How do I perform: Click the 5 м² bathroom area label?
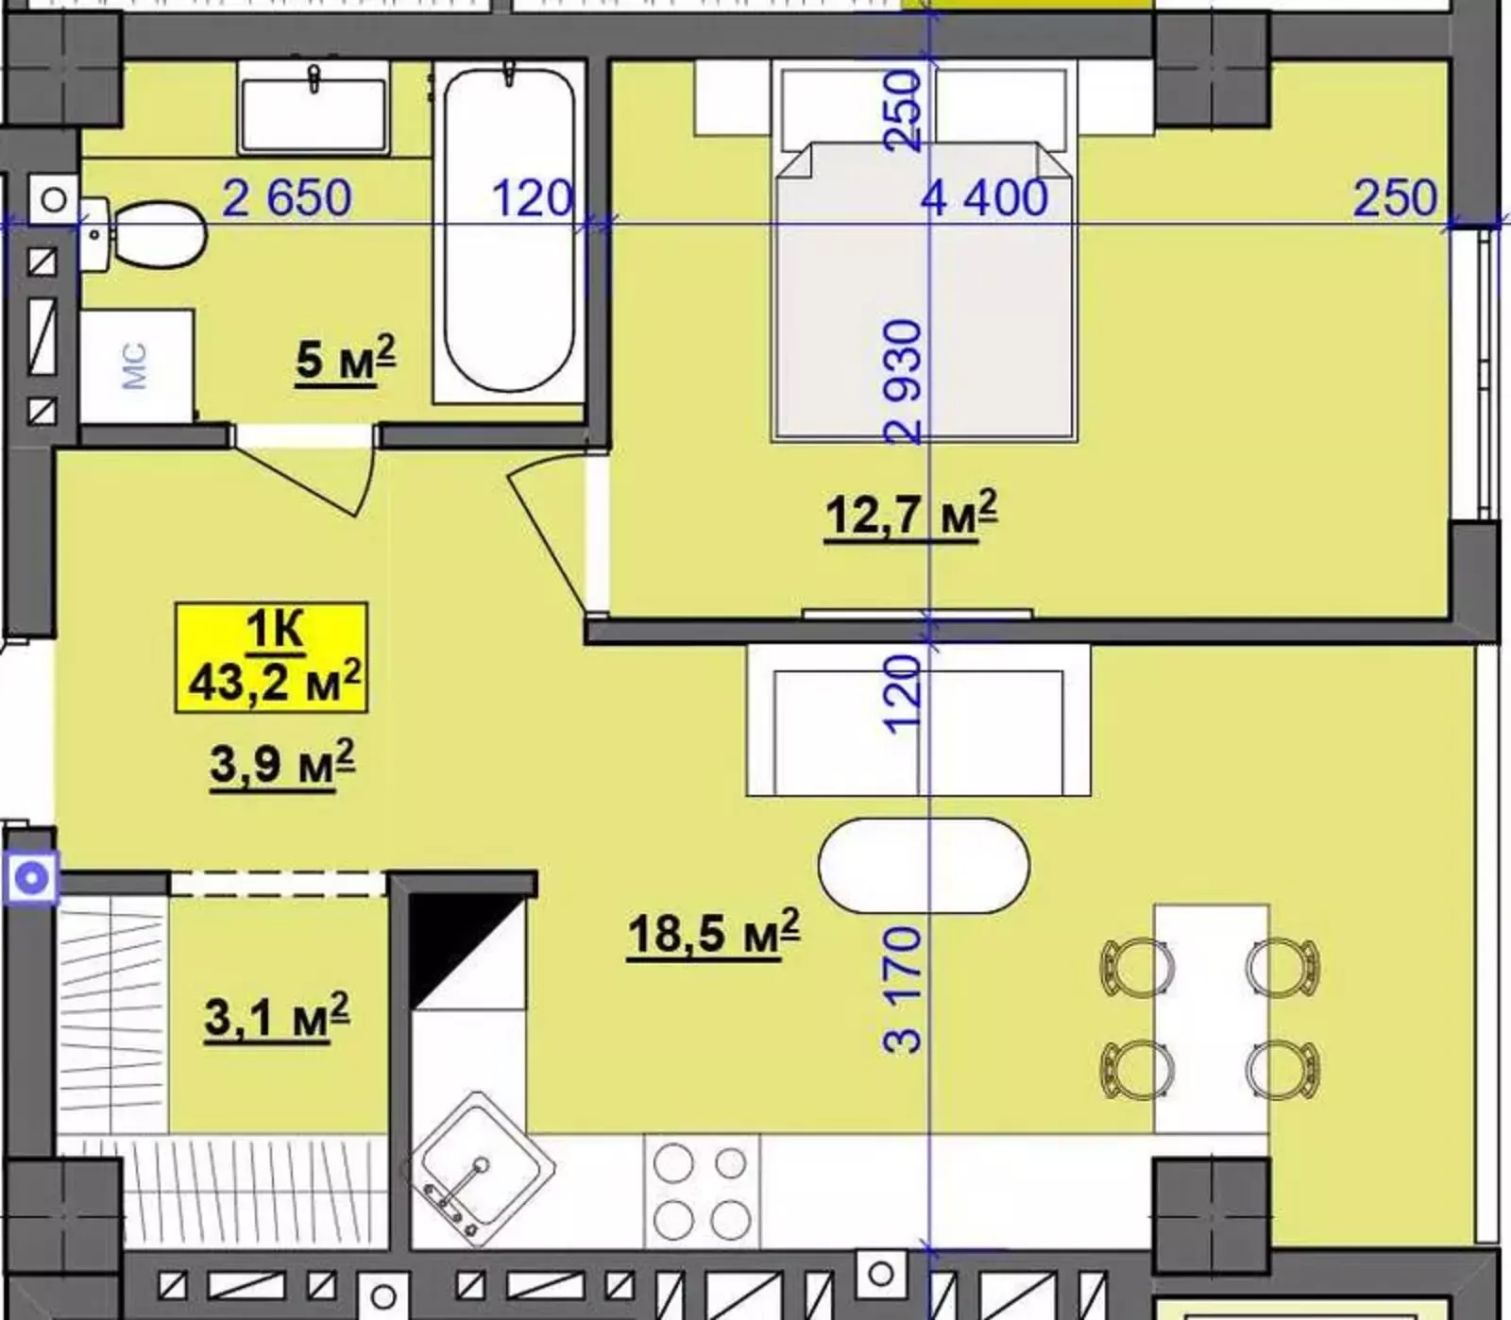346,360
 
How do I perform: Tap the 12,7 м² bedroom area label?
911,515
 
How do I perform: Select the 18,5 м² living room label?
714,933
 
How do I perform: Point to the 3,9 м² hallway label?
282,763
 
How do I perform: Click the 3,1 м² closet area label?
277,1016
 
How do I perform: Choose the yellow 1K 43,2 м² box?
271,656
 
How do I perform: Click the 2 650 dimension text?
287,198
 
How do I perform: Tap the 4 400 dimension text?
985,198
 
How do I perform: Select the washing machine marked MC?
137,366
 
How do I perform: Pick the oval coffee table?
924,866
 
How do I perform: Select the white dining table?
1212,1019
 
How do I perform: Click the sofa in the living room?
919,719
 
